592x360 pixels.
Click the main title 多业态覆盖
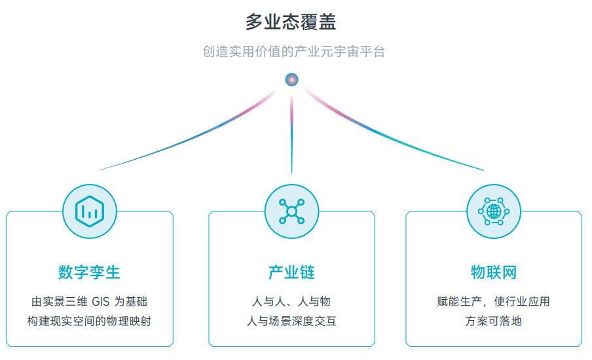pyautogui.click(x=291, y=22)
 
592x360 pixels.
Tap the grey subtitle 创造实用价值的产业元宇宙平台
pyautogui.click(x=294, y=52)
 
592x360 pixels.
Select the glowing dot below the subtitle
pyautogui.click(x=291, y=80)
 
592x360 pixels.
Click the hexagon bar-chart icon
pyautogui.click(x=90, y=211)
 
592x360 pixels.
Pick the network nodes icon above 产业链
pyautogui.click(x=291, y=211)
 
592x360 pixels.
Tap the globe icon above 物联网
pyautogui.click(x=494, y=211)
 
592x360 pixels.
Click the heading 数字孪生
pyautogui.click(x=89, y=272)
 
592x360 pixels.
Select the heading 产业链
pyautogui.click(x=291, y=272)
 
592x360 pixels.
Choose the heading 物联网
pyautogui.click(x=494, y=272)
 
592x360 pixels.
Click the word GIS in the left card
pyautogui.click(x=101, y=302)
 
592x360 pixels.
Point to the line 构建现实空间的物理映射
pyautogui.click(x=89, y=321)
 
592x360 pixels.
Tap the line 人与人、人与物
pyautogui.click(x=291, y=302)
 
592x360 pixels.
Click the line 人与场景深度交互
pyautogui.click(x=291, y=321)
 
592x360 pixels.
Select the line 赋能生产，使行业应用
pyautogui.click(x=494, y=302)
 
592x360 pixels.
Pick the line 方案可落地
pyautogui.click(x=494, y=321)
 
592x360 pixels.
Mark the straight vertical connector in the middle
pyautogui.click(x=292, y=134)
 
